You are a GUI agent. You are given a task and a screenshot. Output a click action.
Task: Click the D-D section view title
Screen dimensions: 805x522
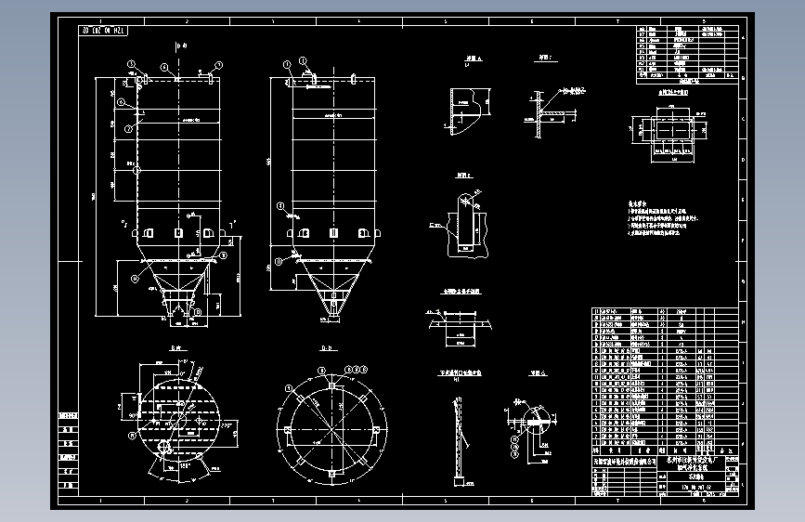[x=328, y=349]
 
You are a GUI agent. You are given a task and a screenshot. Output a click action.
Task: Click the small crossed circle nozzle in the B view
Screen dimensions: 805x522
[x=164, y=447]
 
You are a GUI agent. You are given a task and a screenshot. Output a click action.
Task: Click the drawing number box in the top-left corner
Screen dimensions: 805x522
[x=105, y=31]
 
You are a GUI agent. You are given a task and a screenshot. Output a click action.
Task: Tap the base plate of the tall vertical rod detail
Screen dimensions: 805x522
[x=458, y=481]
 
